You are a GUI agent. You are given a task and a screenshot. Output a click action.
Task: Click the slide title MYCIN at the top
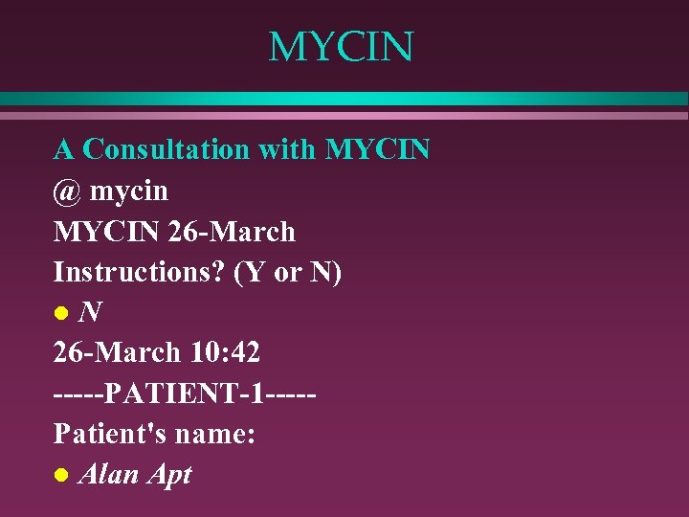click(x=341, y=47)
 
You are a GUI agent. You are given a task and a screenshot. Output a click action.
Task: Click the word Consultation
click(x=166, y=149)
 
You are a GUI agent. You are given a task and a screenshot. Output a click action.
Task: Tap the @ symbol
click(x=67, y=191)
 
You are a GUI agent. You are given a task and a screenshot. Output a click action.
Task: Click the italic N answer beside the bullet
click(x=91, y=312)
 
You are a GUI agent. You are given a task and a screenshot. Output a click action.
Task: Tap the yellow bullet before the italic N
click(x=60, y=313)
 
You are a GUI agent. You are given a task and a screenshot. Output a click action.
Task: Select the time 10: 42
click(x=224, y=352)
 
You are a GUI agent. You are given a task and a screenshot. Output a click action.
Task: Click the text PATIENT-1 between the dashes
click(x=185, y=393)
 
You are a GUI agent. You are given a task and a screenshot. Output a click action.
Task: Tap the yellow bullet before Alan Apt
click(x=60, y=474)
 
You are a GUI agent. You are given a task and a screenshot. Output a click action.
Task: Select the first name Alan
click(x=107, y=474)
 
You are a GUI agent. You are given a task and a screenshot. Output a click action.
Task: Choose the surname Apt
click(x=167, y=476)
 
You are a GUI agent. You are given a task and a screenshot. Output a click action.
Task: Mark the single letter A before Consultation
click(x=63, y=149)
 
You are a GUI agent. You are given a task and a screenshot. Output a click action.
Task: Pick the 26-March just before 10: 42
click(x=117, y=352)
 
